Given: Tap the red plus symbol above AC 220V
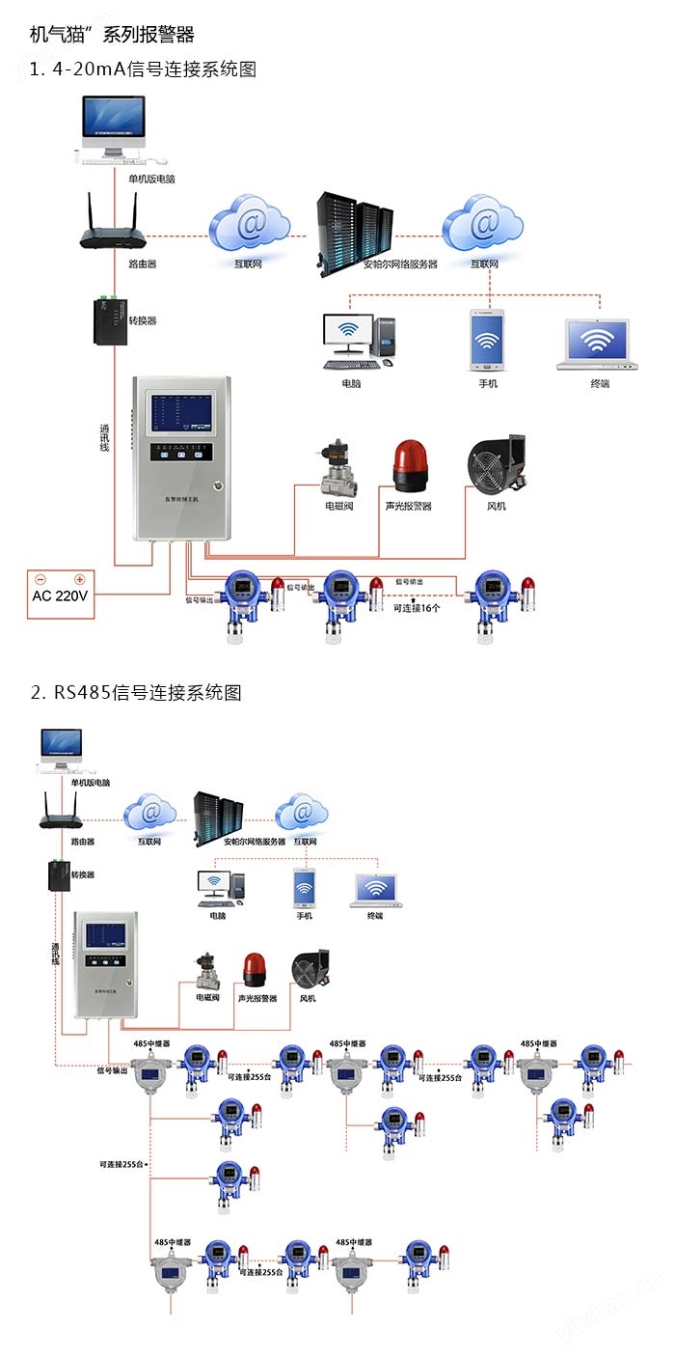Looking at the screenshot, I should [80, 580].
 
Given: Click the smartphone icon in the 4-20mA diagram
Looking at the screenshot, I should [487, 340].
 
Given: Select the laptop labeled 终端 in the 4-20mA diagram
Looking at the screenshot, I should [599, 344].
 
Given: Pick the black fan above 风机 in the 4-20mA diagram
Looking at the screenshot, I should [496, 463].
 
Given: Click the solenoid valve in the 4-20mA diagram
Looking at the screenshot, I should [338, 467].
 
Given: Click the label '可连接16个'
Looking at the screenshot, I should [417, 608].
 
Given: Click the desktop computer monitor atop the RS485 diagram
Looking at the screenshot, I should [61, 745].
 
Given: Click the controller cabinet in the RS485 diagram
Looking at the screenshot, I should [105, 961].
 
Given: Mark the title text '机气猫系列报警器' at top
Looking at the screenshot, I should [112, 35].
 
